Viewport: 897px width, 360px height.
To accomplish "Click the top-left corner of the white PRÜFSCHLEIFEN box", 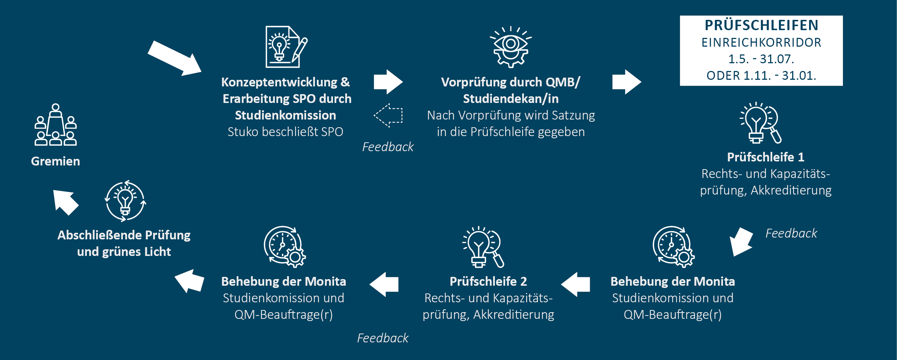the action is [x=680, y=15].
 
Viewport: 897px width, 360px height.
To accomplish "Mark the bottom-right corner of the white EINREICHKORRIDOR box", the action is [x=843, y=86].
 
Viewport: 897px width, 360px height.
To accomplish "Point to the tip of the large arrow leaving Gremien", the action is [x=202, y=72].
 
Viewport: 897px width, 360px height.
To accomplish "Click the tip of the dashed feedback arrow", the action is [x=374, y=115].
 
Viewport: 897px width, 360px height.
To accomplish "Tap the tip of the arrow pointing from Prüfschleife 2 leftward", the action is [x=369, y=284].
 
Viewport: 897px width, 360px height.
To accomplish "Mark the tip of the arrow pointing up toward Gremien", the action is [x=53, y=190].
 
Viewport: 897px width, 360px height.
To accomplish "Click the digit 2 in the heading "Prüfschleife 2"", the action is [x=524, y=281].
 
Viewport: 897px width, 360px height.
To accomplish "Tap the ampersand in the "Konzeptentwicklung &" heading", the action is [x=345, y=82].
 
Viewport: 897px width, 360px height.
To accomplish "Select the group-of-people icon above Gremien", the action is [x=56, y=125].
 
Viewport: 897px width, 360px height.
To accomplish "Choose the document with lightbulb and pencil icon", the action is [x=287, y=47].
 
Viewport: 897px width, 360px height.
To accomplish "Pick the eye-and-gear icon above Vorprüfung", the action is [x=511, y=47].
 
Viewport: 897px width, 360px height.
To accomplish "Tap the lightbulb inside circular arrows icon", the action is [x=125, y=201].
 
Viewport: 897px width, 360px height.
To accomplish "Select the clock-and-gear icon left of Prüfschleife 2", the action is [x=285, y=247].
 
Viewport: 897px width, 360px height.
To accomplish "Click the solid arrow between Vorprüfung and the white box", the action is [x=627, y=82].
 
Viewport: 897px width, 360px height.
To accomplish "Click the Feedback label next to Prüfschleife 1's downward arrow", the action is [x=791, y=234].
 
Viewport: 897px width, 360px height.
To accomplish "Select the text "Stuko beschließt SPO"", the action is [x=286, y=132].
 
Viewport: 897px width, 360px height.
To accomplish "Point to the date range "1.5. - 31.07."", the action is [x=761, y=59].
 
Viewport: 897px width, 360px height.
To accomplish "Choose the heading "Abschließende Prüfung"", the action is [x=124, y=235].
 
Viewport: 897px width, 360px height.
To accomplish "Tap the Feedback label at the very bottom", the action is [x=383, y=338].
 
